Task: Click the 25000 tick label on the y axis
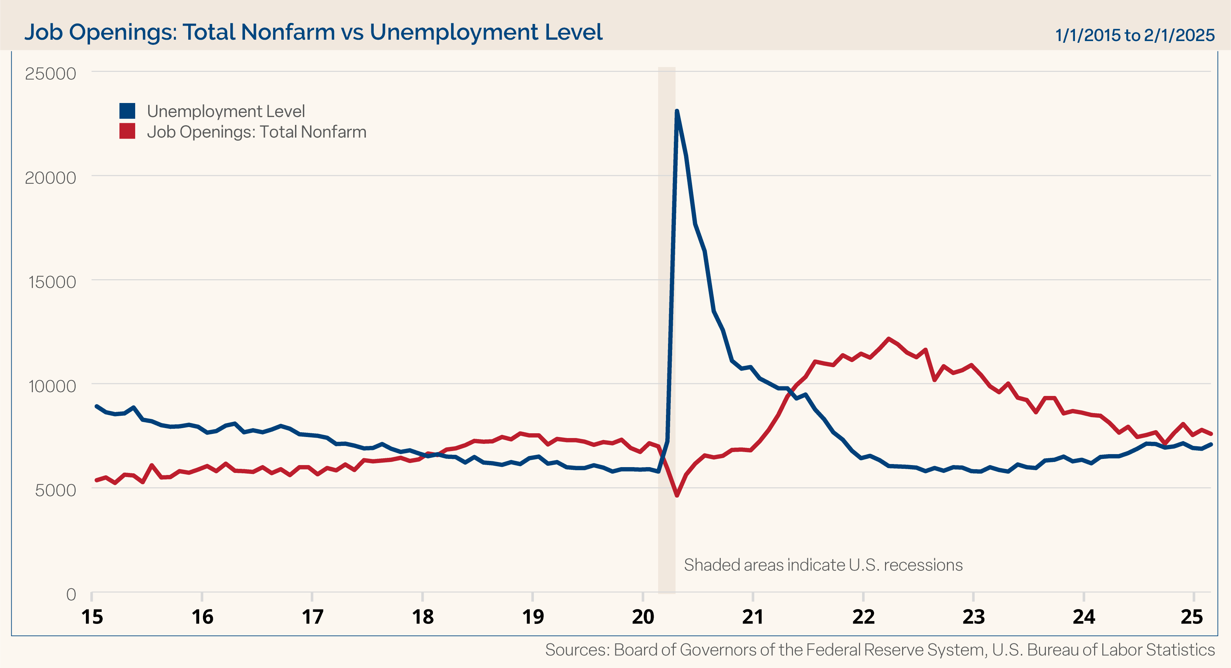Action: pyautogui.click(x=50, y=74)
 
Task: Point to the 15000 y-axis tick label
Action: pyautogui.click(x=52, y=282)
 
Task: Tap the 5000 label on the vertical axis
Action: pyautogui.click(x=55, y=490)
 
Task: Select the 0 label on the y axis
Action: pyautogui.click(x=71, y=594)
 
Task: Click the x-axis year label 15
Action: pyautogui.click(x=92, y=617)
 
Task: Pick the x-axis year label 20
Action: pyautogui.click(x=643, y=617)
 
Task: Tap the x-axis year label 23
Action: pyautogui.click(x=973, y=617)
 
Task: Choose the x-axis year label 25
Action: pyautogui.click(x=1192, y=617)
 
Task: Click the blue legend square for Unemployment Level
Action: pyautogui.click(x=127, y=111)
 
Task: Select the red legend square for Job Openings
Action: pyautogui.click(x=127, y=131)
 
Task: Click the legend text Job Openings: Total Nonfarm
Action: pyautogui.click(x=257, y=132)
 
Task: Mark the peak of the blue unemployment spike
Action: pyautogui.click(x=677, y=111)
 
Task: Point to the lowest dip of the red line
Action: pyautogui.click(x=677, y=496)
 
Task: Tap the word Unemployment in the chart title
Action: pyautogui.click(x=454, y=33)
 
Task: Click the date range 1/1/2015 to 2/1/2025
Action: pyautogui.click(x=1134, y=35)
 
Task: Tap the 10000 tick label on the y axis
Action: pyautogui.click(x=52, y=386)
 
